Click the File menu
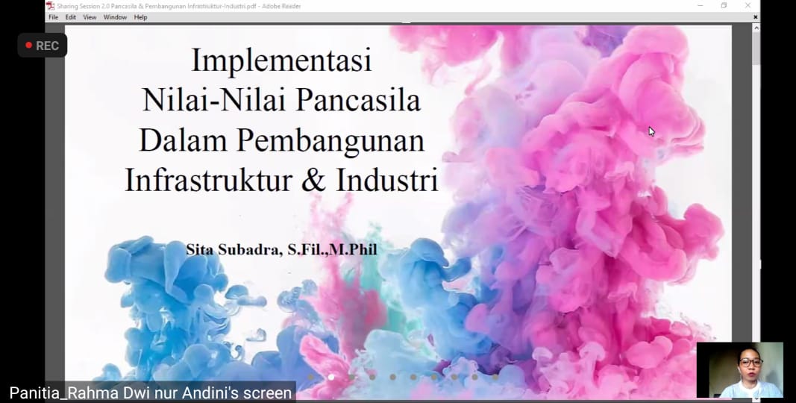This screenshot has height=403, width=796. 53,17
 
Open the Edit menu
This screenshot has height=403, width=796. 71,17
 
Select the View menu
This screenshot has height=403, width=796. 90,17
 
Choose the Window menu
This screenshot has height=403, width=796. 115,17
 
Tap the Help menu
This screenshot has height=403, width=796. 140,17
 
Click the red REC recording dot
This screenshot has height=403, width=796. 29,46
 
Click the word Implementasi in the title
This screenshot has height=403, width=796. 282,60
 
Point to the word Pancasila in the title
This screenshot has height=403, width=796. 358,99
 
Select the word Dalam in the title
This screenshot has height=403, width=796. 183,140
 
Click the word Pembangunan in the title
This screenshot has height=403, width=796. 330,140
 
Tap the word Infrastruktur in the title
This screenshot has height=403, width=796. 209,180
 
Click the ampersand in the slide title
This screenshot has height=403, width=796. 314,180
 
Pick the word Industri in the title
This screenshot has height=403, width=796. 387,180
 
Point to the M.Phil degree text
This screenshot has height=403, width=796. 354,250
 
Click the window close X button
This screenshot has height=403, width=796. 748,5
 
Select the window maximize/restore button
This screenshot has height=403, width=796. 724,5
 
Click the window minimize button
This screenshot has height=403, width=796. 700,5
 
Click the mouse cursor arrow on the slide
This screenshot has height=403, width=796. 652,131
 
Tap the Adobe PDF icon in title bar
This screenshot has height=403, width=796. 50,6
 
